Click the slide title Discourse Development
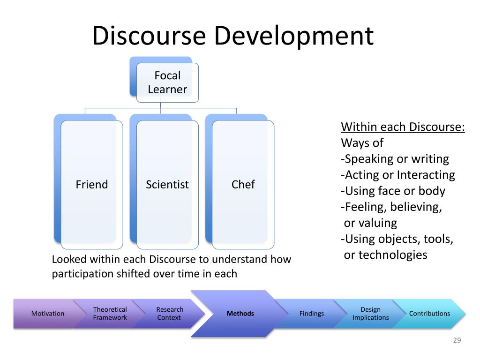pyautogui.click(x=232, y=36)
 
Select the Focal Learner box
pyautogui.click(x=167, y=82)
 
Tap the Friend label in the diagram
pyautogui.click(x=92, y=185)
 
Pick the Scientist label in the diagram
pyautogui.click(x=167, y=185)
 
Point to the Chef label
pyautogui.click(x=243, y=185)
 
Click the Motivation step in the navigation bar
pyautogui.click(x=47, y=314)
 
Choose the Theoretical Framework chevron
pyautogui.click(x=110, y=314)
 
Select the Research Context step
pyautogui.click(x=169, y=314)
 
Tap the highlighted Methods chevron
pyautogui.click(x=240, y=314)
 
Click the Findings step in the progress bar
pyautogui.click(x=311, y=314)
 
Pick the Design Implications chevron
pyautogui.click(x=370, y=314)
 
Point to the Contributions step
pyautogui.click(x=429, y=314)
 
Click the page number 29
pyautogui.click(x=457, y=341)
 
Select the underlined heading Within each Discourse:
pyautogui.click(x=403, y=127)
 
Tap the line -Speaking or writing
pyautogui.click(x=395, y=159)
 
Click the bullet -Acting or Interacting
pyautogui.click(x=397, y=175)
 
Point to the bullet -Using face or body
pyautogui.click(x=393, y=191)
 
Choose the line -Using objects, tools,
pyautogui.click(x=397, y=239)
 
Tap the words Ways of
pyautogui.click(x=362, y=143)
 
